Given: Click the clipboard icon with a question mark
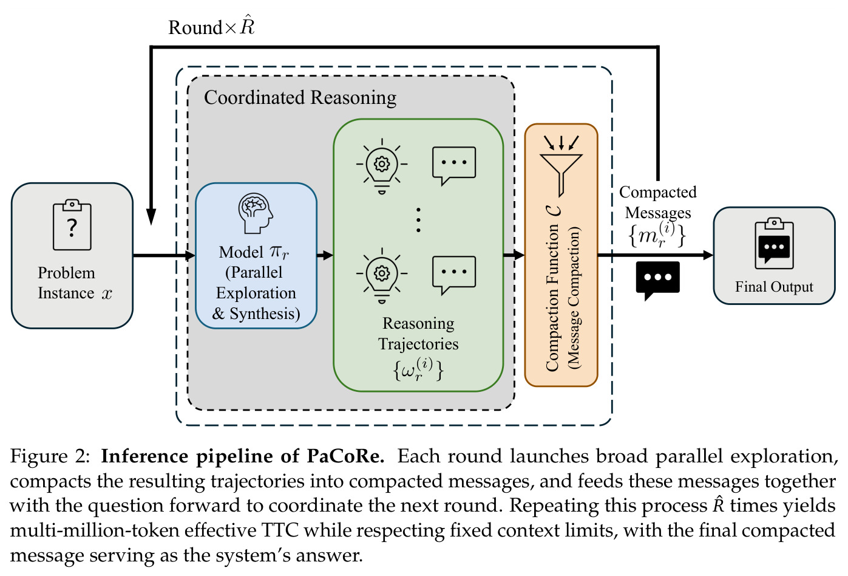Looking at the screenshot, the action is [x=72, y=225].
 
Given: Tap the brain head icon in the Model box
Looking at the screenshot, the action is [x=256, y=213].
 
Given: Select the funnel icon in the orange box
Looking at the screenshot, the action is [x=561, y=166].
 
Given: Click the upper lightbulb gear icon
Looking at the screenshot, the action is [x=382, y=166].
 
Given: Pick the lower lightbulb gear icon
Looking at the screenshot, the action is [x=382, y=275].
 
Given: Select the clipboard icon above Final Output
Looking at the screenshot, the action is [x=774, y=244].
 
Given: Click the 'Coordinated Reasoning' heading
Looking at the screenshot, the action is [x=300, y=97].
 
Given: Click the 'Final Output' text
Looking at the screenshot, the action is [x=774, y=287].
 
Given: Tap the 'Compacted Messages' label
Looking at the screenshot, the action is [x=658, y=202].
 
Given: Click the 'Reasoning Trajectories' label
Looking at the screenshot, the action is [x=418, y=334].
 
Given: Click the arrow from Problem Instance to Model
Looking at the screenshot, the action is [x=165, y=255].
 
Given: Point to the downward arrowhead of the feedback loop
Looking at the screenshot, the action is [x=151, y=216].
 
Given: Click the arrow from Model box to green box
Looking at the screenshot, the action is [x=325, y=255].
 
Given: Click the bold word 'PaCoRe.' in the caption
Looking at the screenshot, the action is [x=345, y=456].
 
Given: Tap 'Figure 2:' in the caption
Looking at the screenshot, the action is [x=50, y=456].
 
